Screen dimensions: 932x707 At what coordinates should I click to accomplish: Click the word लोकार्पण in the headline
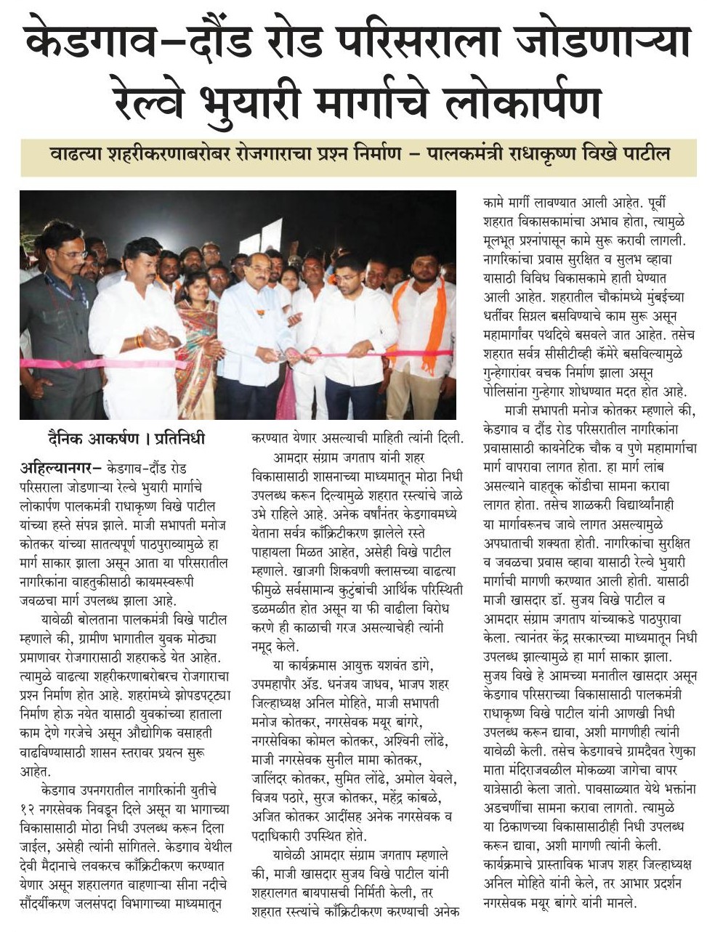pyautogui.click(x=522, y=99)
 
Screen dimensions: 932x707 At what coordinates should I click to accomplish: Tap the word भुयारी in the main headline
pyautogui.click(x=258, y=99)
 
